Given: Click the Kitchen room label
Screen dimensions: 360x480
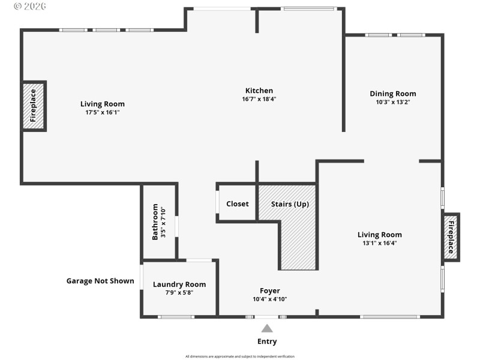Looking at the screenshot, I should tap(259, 91).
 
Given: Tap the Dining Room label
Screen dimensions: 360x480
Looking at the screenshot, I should tap(392, 94).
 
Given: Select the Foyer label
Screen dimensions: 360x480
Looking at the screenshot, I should tap(269, 291).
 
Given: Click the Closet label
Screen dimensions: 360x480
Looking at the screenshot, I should tap(237, 204).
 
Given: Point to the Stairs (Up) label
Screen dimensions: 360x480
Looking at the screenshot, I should tap(290, 204).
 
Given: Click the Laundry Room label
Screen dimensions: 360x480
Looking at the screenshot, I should tap(179, 284).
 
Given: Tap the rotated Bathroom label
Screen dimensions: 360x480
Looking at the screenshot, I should tap(155, 222).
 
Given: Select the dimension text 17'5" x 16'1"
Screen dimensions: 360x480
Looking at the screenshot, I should tap(103, 112).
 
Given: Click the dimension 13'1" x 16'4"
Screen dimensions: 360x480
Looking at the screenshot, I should tap(379, 243).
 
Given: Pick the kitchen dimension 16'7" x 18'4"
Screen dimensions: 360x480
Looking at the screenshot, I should tap(259, 99).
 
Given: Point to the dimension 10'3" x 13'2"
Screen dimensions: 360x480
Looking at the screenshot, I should tap(392, 102).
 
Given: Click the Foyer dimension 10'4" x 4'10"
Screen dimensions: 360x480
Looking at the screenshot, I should tap(269, 299).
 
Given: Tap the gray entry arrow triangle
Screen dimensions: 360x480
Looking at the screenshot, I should tap(267, 328).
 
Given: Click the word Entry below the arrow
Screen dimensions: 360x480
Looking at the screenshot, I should tap(267, 341).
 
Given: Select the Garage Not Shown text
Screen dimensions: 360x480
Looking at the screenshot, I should tap(100, 281).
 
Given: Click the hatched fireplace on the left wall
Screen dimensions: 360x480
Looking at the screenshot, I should tap(34, 106).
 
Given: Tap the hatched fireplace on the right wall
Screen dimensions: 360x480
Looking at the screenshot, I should tap(451, 236).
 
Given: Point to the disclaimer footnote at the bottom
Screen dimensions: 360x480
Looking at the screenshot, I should tap(240, 356).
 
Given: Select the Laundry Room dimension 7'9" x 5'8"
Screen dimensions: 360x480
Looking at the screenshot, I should tap(179, 293).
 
